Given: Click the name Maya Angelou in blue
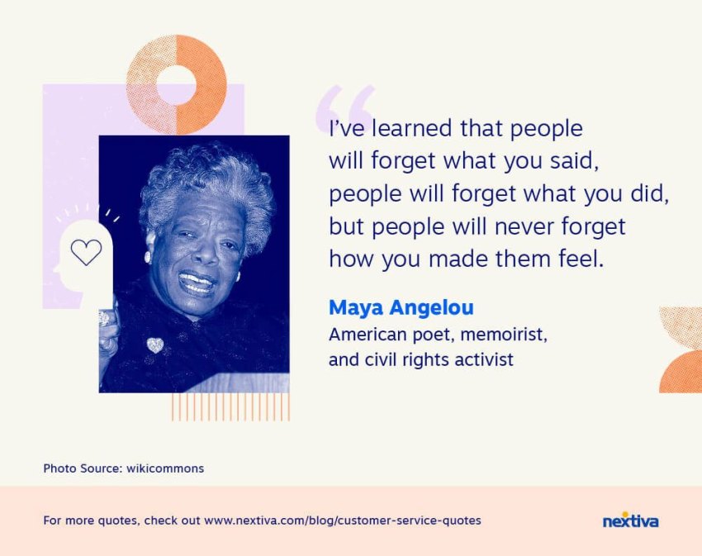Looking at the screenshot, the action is pyautogui.click(x=401, y=308).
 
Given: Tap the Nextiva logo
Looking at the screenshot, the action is pyautogui.click(x=630, y=520).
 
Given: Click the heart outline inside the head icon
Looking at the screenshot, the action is pyautogui.click(x=87, y=252).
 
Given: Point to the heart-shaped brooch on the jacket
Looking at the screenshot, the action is pyautogui.click(x=155, y=345).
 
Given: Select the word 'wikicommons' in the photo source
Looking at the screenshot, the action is pyautogui.click(x=165, y=468).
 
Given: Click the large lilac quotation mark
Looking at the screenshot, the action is pyautogui.click(x=344, y=106).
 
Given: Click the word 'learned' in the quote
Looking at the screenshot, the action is pyautogui.click(x=412, y=128).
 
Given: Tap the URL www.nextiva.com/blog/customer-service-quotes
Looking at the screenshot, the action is pyautogui.click(x=343, y=520).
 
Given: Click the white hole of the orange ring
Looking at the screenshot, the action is pyautogui.click(x=177, y=85).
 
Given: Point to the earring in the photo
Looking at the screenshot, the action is pyautogui.click(x=147, y=257).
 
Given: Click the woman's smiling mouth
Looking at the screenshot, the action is pyautogui.click(x=196, y=283).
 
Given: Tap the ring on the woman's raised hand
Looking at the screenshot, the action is pyautogui.click(x=104, y=318).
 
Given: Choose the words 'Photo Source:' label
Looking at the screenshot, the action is pyautogui.click(x=83, y=468).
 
